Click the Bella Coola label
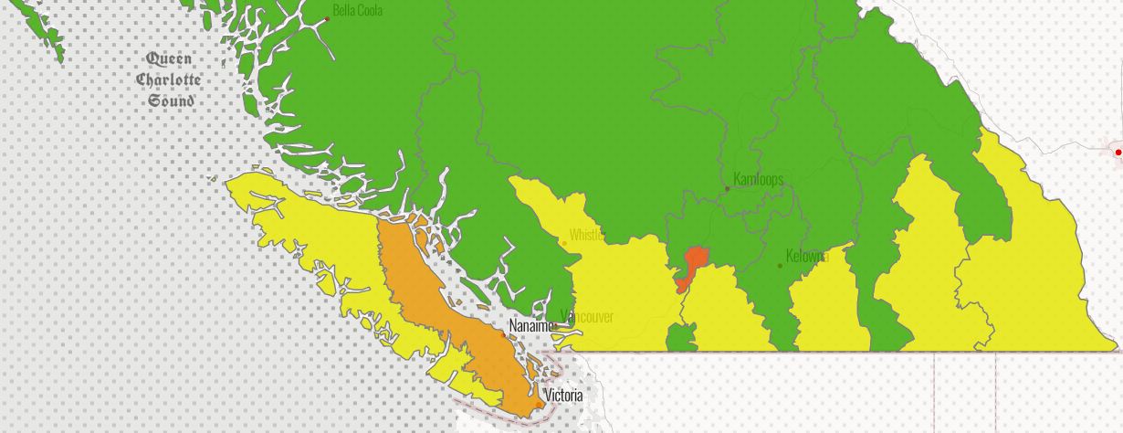pyautogui.click(x=357, y=11)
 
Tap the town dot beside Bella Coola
pyautogui.click(x=327, y=18)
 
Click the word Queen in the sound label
pyautogui.click(x=169, y=59)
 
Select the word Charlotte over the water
pyautogui.click(x=169, y=79)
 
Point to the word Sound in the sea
pyautogui.click(x=171, y=100)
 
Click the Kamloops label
pyautogui.click(x=759, y=179)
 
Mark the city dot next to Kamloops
pyautogui.click(x=728, y=189)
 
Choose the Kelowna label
pyautogui.click(x=806, y=256)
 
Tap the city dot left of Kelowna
pyautogui.click(x=780, y=266)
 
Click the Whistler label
pyautogui.click(x=586, y=235)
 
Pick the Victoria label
pyautogui.click(x=563, y=396)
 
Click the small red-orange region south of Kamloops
pyautogui.click(x=694, y=263)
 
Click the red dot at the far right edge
pyautogui.click(x=1118, y=152)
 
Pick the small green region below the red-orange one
pyautogui.click(x=681, y=339)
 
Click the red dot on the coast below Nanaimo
pyautogui.click(x=502, y=333)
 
